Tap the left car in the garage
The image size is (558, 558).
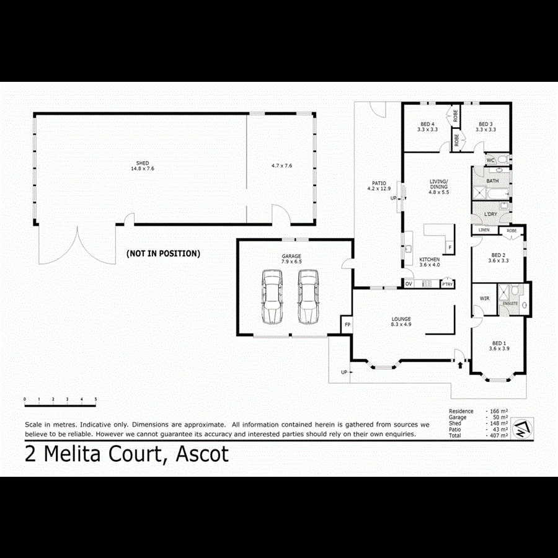(x=272, y=296)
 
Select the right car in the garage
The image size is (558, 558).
(x=307, y=296)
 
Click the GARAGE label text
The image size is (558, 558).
(x=291, y=256)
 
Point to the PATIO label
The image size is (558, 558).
(x=379, y=184)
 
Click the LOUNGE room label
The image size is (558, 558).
(x=401, y=319)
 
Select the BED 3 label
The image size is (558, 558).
(x=485, y=124)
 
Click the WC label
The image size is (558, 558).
(x=490, y=160)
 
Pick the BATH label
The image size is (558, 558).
(x=492, y=181)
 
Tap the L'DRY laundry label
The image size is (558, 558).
(x=490, y=215)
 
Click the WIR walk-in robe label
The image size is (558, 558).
(x=484, y=298)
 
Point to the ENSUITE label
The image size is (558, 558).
(x=510, y=304)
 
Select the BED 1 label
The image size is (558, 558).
(x=498, y=343)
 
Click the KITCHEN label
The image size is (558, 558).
(x=429, y=259)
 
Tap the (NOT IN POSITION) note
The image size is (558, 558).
(x=163, y=253)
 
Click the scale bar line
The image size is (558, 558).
(x=60, y=405)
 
